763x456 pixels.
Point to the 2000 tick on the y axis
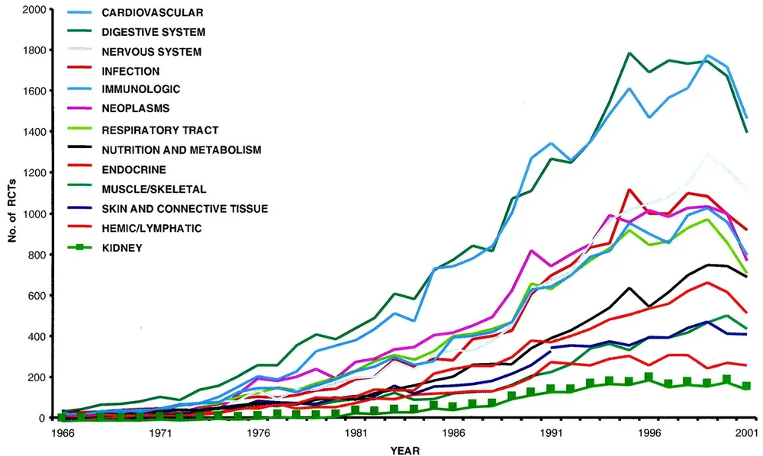coord(37,10)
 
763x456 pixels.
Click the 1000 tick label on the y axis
coord(37,214)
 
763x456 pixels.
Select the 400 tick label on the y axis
coord(40,336)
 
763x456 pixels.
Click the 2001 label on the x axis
coord(746,432)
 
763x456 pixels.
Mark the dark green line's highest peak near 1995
coord(629,53)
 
